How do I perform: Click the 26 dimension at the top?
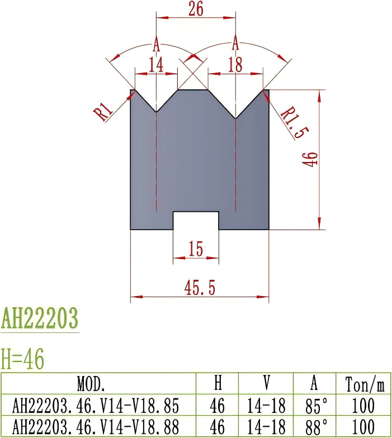pos(195,9)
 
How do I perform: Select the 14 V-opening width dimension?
pos(155,65)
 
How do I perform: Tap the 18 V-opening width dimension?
pos(235,65)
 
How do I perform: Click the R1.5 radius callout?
pos(294,123)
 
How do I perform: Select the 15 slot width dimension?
pos(195,250)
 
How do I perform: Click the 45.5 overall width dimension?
pos(200,288)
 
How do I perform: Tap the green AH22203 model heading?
pos(40,319)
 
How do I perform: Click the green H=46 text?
pos(22,358)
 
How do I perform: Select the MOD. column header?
pos(91,384)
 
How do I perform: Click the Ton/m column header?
pos(365,384)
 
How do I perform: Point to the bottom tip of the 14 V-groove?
pos(156,111)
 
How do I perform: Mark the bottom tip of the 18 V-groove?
pos(236,118)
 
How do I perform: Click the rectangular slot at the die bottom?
pos(196,220)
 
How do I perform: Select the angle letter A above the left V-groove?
pos(156,43)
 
